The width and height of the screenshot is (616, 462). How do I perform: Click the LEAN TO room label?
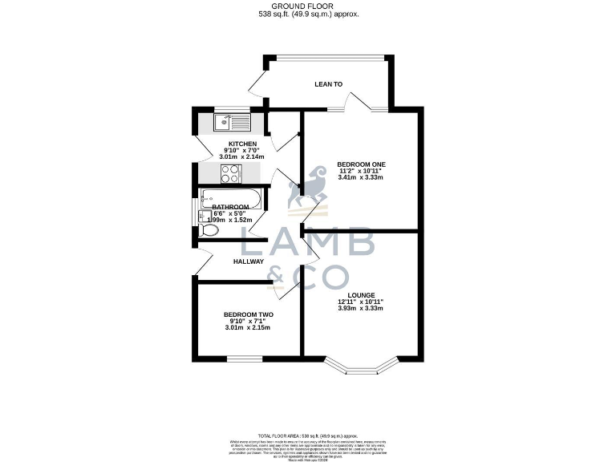tap(328, 83)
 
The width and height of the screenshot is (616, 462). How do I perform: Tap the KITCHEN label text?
tap(242, 144)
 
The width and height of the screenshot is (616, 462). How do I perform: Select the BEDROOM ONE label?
tap(361, 164)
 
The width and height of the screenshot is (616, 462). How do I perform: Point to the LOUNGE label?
tap(361, 295)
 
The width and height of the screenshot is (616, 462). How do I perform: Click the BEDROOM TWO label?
tap(248, 314)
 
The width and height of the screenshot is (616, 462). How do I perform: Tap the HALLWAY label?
tap(249, 261)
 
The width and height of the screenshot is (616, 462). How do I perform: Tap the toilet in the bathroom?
tap(209, 231)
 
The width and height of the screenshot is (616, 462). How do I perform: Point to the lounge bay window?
tap(361, 365)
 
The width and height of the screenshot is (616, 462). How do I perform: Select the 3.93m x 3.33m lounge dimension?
tap(361, 308)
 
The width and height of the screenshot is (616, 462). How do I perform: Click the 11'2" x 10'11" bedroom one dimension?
tap(361, 171)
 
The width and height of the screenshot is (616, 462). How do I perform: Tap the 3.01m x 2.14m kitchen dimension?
tap(242, 157)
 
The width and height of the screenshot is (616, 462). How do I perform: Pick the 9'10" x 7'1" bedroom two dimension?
tap(248, 321)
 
